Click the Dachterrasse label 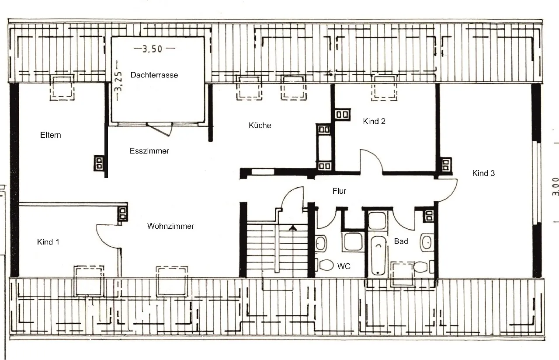(154, 75)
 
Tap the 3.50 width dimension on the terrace (152, 49)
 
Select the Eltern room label (50, 135)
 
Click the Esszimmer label (149, 151)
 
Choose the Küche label (260, 125)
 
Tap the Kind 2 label (374, 122)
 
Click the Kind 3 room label (483, 173)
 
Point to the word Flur (339, 191)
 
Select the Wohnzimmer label (171, 226)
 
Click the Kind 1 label (48, 242)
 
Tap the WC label (344, 266)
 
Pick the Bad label (401, 241)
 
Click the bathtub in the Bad (378, 255)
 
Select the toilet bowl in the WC (326, 265)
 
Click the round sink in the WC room (321, 243)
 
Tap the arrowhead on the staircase (293, 228)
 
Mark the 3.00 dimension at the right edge (555, 186)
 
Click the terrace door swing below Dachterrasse (160, 130)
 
